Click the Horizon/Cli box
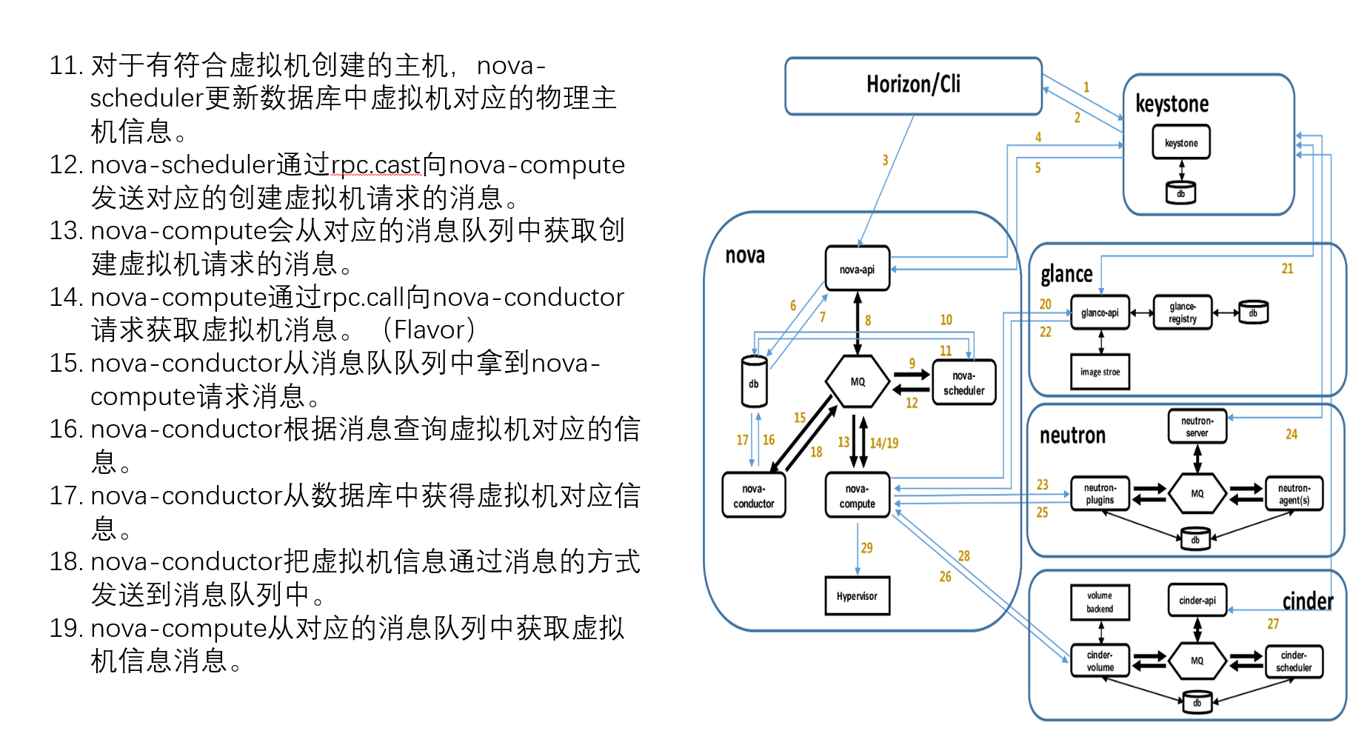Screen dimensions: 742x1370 click(x=913, y=86)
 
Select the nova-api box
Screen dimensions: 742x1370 click(x=857, y=269)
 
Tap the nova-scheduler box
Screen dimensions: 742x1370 click(x=963, y=383)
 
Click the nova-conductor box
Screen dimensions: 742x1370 click(x=753, y=495)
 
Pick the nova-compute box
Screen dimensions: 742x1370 click(x=857, y=495)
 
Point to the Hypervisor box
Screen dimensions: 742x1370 click(x=857, y=596)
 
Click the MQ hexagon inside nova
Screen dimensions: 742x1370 click(x=857, y=381)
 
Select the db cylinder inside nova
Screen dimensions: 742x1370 click(x=754, y=382)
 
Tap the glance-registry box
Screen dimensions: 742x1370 click(x=1182, y=312)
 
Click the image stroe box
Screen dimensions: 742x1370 click(x=1100, y=372)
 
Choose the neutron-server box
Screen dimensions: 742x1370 click(x=1197, y=427)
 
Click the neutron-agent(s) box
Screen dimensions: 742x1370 click(x=1294, y=494)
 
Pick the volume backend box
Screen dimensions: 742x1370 click(x=1100, y=602)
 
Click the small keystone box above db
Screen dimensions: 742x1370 click(x=1180, y=143)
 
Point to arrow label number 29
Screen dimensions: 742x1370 click(x=866, y=548)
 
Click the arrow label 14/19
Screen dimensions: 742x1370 click(x=883, y=443)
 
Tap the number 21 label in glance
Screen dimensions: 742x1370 click(x=1287, y=269)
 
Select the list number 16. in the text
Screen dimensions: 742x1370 click(x=66, y=430)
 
